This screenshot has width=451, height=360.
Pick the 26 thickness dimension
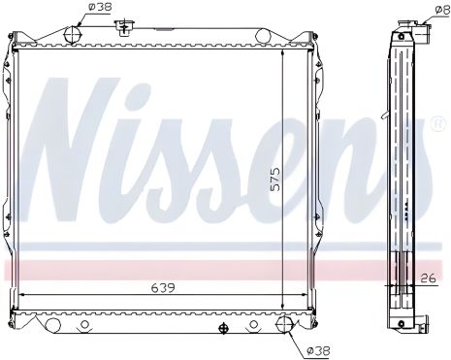430,278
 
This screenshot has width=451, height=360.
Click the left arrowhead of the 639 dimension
23,295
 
